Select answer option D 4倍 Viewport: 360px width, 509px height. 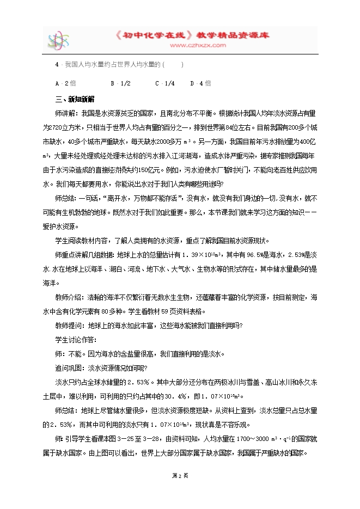coord(200,83)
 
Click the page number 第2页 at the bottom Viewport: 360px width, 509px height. coord(180,475)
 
